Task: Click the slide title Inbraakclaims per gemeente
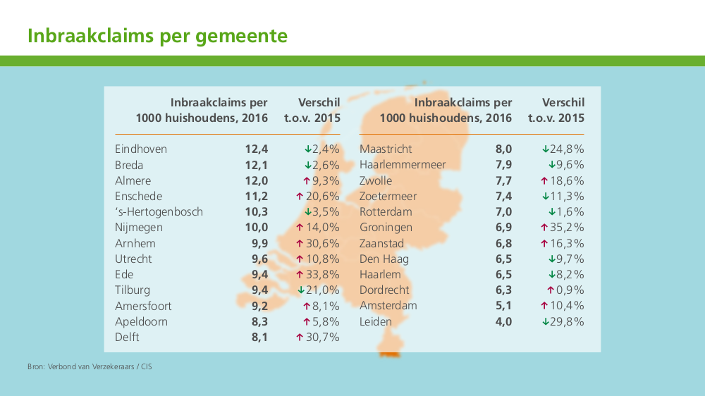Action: coord(157,36)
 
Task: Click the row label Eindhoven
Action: coord(141,149)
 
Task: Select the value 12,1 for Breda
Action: coord(257,165)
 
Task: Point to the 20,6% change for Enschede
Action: coord(322,197)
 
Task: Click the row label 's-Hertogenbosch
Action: coord(159,212)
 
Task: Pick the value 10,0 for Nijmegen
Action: coord(257,228)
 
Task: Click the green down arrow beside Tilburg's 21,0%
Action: coord(300,290)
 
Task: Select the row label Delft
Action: coord(127,337)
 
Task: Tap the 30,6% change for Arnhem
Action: coord(322,243)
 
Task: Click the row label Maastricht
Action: coord(386,149)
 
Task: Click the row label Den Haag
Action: coord(384,259)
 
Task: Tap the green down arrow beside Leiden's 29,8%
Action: coord(545,321)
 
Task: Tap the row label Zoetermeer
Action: coord(388,197)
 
